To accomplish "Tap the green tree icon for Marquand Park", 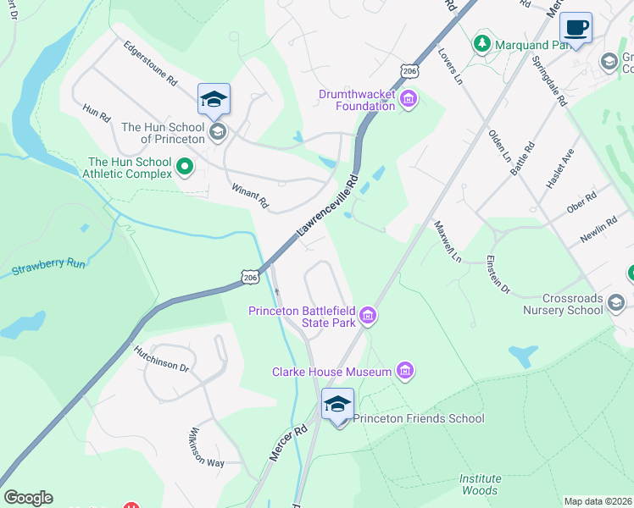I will pyautogui.click(x=482, y=41).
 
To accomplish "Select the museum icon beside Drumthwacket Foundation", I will pyautogui.click(x=409, y=101).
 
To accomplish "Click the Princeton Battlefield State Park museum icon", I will pyautogui.click(x=367, y=317).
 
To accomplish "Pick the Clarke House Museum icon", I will pyautogui.click(x=405, y=371).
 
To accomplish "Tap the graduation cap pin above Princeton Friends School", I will pyautogui.click(x=337, y=405).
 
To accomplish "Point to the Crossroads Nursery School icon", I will pyautogui.click(x=616, y=302).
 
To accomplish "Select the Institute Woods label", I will pyautogui.click(x=480, y=484).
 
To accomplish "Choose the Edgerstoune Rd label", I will pyautogui.click(x=149, y=63).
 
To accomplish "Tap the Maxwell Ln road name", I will pyautogui.click(x=447, y=241).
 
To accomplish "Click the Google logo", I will pyautogui.click(x=28, y=498).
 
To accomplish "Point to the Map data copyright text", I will pyautogui.click(x=598, y=501).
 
